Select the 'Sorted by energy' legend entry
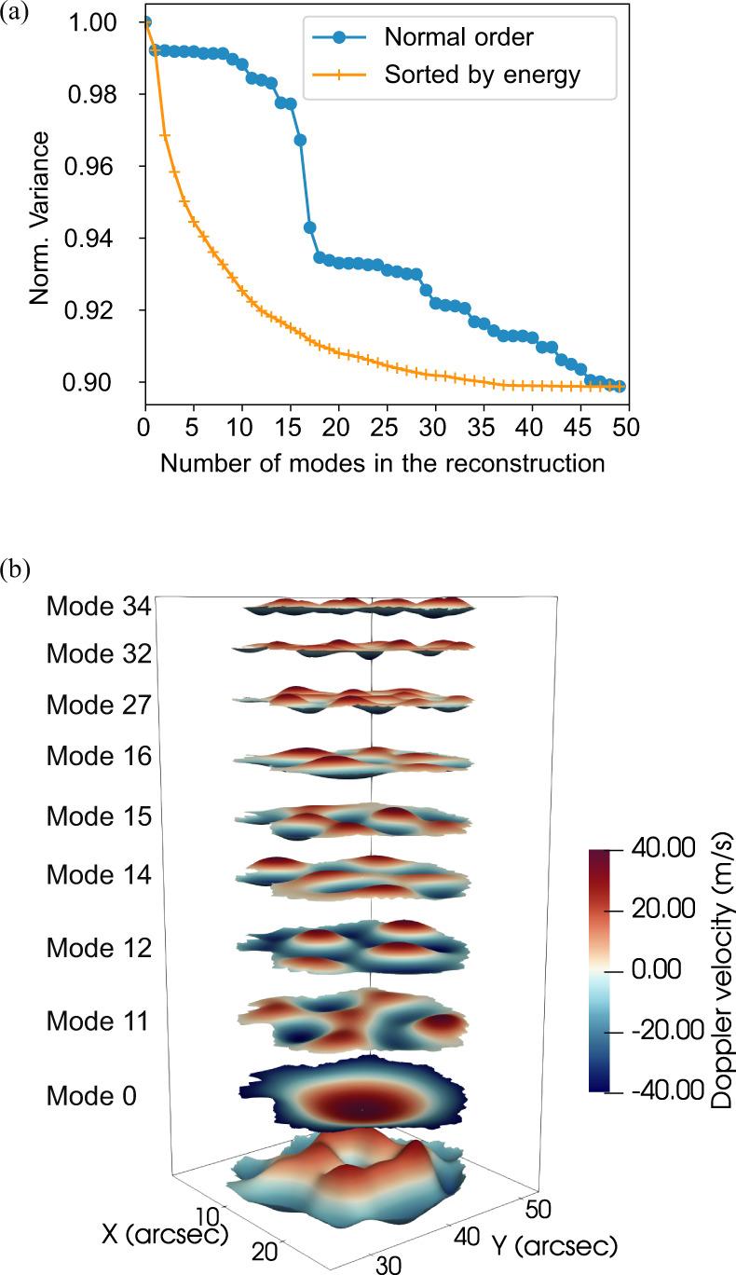click(x=483, y=75)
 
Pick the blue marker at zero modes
click(x=144, y=22)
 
